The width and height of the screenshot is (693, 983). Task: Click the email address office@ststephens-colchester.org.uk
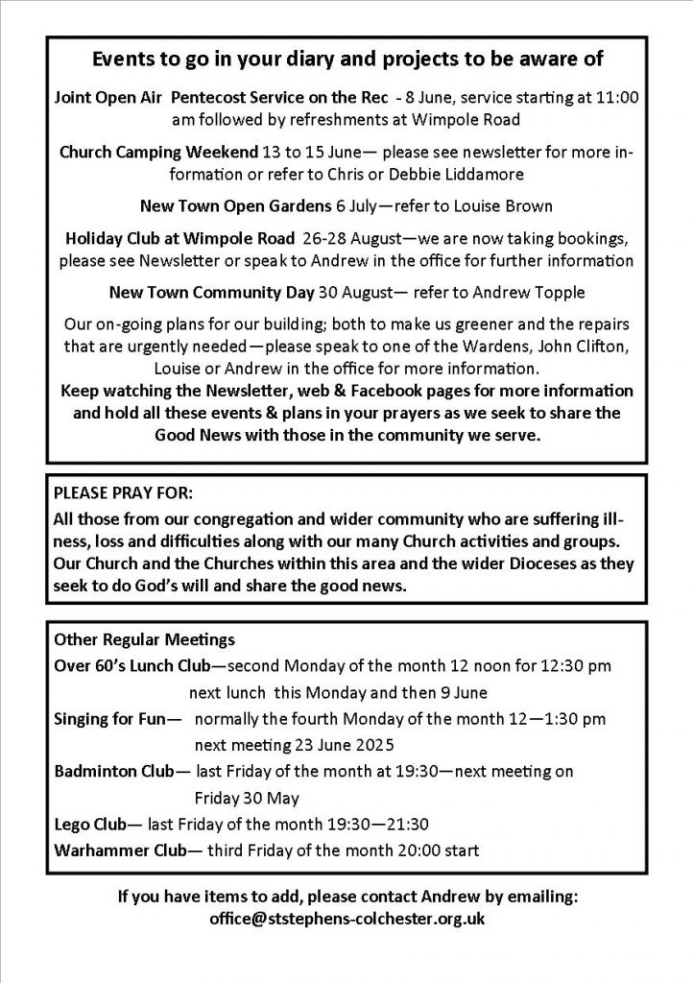[346, 918]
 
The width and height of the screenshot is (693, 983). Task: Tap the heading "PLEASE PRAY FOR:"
[123, 494]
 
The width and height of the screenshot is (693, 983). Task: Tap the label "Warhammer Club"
[108, 851]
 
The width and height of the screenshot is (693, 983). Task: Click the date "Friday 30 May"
[247, 798]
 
